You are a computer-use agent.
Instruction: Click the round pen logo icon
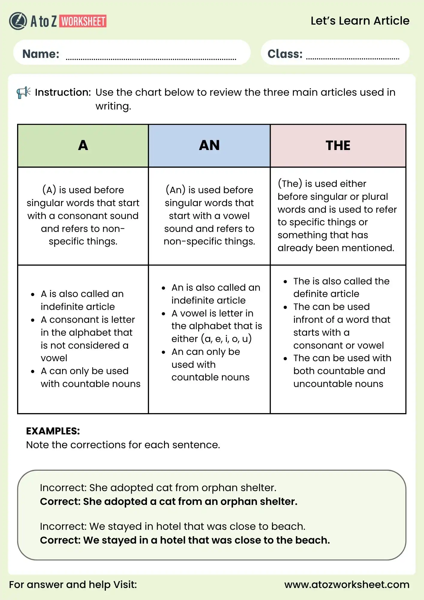click(x=18, y=21)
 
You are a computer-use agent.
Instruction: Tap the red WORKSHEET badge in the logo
click(x=83, y=21)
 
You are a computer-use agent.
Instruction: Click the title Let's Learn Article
click(x=360, y=21)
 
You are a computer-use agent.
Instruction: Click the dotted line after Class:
click(x=353, y=58)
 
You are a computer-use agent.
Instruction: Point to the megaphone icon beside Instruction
click(x=23, y=92)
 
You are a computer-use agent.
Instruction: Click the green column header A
click(x=83, y=145)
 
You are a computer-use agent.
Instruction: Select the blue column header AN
click(x=209, y=145)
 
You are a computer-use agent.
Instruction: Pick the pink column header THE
click(x=338, y=145)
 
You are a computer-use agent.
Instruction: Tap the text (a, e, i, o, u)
click(x=226, y=339)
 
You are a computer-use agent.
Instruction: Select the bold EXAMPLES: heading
click(x=53, y=431)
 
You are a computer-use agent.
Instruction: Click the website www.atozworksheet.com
click(x=347, y=584)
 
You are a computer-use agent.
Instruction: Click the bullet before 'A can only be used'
click(x=33, y=371)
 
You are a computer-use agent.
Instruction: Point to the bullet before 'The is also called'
click(x=285, y=282)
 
